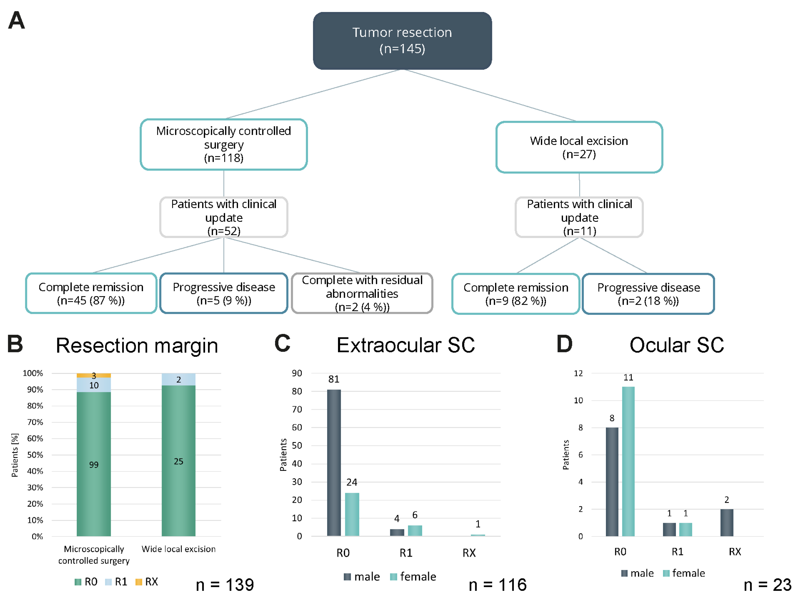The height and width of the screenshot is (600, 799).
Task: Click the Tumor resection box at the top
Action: (x=402, y=41)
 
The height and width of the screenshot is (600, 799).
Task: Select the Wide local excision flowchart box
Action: (x=579, y=147)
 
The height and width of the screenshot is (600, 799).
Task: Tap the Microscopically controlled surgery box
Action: (x=224, y=144)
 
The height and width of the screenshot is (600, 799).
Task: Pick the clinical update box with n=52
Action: (x=224, y=217)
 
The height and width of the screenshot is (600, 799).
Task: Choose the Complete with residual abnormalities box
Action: (x=362, y=293)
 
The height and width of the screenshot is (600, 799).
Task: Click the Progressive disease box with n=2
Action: (x=648, y=294)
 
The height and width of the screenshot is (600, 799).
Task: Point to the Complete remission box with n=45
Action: (x=91, y=293)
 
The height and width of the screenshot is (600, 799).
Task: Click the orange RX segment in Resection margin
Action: (x=94, y=375)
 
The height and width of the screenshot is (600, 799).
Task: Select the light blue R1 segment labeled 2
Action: (x=178, y=379)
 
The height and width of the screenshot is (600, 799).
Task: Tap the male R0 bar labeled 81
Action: (x=334, y=462)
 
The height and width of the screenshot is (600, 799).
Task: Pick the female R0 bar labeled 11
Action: (x=628, y=461)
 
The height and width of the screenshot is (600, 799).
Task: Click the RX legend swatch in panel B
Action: (x=138, y=582)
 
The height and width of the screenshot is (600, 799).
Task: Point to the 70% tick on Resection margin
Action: (x=35, y=422)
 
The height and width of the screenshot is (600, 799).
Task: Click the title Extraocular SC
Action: (x=405, y=345)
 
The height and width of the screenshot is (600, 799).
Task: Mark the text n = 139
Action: (x=225, y=585)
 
